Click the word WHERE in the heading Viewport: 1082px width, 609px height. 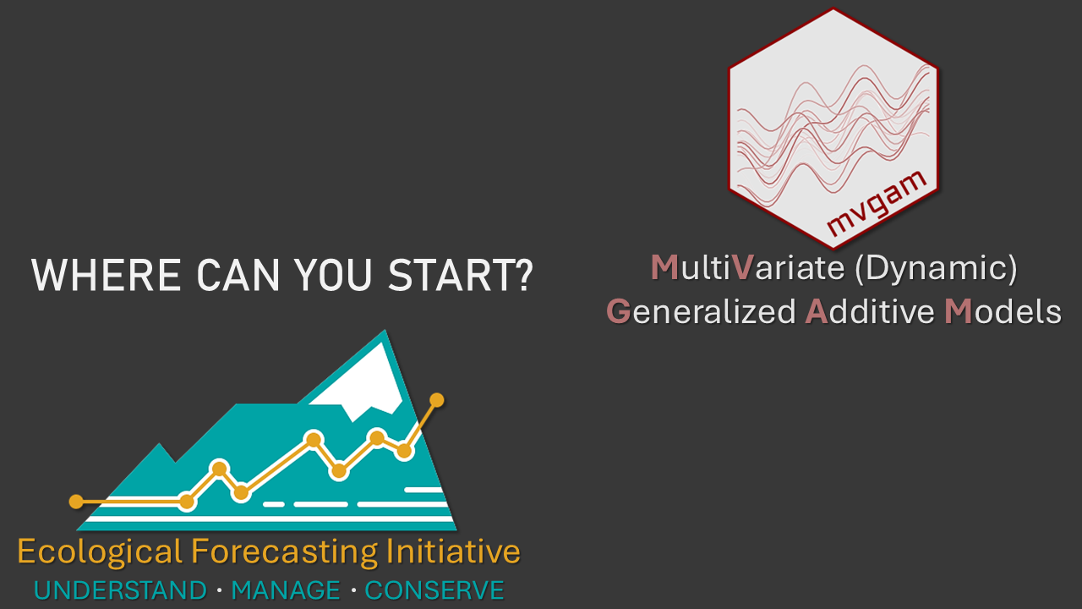(107, 275)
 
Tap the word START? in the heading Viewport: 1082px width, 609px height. (461, 275)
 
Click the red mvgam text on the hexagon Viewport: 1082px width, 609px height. (877, 203)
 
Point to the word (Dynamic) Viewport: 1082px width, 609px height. (936, 269)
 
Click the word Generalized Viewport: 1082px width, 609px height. (701, 312)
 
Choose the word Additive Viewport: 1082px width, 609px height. (870, 312)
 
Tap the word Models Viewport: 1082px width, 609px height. (1003, 312)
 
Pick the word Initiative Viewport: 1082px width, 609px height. (453, 551)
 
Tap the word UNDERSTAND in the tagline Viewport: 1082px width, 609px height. (120, 590)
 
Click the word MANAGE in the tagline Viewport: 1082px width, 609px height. (286, 590)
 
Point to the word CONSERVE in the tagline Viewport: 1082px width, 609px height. (434, 590)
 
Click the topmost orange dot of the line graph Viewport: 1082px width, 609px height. (437, 400)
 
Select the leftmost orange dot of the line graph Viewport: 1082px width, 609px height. (76, 502)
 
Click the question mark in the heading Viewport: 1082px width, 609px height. (523, 275)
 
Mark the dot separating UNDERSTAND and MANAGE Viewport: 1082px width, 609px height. (220, 590)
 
